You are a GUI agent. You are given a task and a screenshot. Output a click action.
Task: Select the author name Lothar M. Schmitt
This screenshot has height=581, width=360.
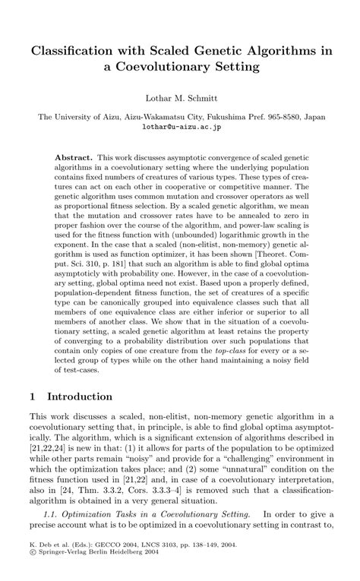point(179,98)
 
